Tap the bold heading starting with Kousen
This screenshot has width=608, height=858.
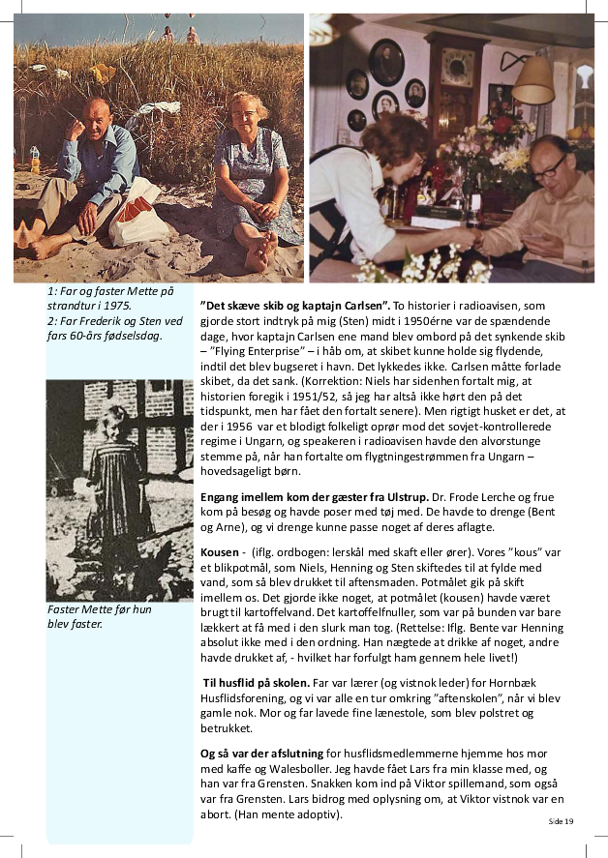tap(220, 551)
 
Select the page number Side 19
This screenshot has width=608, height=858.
tap(562, 821)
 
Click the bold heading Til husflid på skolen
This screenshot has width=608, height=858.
tap(257, 683)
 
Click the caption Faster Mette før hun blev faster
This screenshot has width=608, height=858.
tap(100, 616)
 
